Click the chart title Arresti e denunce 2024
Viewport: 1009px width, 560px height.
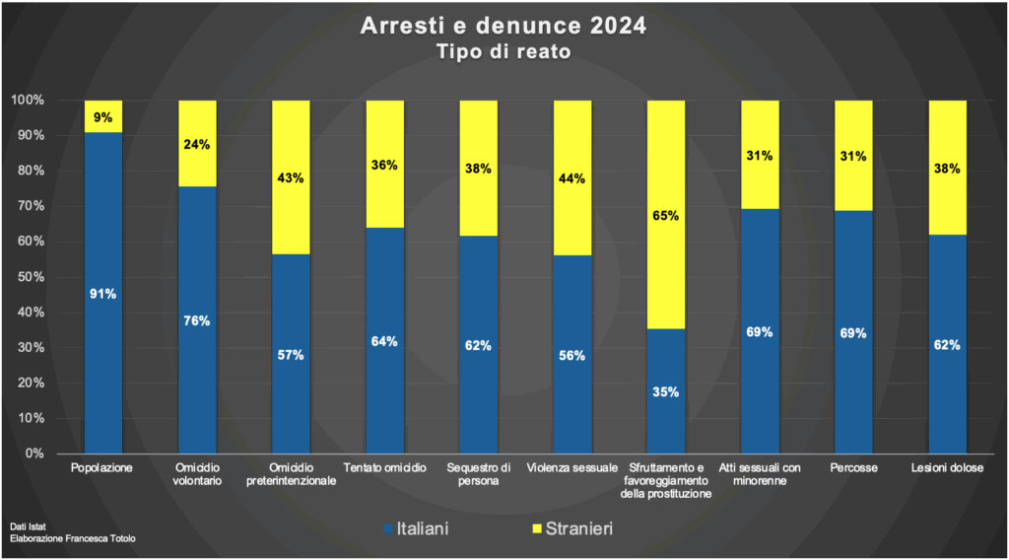504,26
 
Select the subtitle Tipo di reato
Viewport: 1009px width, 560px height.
504,52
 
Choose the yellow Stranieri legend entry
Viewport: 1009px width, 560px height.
572,529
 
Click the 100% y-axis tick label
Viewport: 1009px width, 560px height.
27,101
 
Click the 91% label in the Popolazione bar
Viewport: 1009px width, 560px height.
103,294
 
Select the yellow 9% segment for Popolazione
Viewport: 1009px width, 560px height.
103,116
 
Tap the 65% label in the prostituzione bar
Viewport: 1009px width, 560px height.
665,216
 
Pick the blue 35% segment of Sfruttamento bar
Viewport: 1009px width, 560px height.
665,391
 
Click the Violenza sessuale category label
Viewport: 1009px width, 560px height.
572,467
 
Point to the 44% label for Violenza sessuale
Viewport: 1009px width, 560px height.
572,178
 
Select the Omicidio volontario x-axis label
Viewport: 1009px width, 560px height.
197,474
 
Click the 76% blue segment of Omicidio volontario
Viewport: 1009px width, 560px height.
197,319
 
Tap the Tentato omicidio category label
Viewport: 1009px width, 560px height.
384,467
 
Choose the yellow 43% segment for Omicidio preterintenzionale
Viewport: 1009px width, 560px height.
291,177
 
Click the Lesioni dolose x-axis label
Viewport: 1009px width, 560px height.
947,467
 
